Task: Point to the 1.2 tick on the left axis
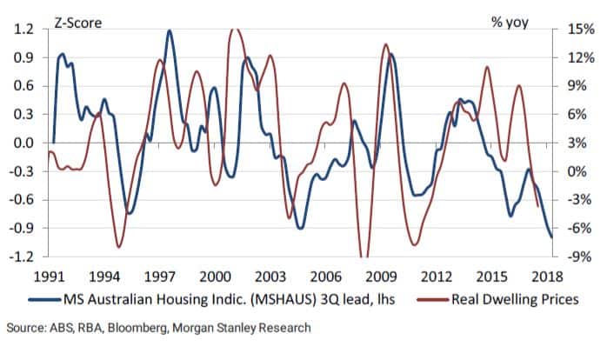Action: (22, 29)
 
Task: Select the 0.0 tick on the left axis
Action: (22, 143)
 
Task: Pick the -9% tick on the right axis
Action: (578, 257)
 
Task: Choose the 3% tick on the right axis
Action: (578, 143)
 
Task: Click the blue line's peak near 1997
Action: (169, 31)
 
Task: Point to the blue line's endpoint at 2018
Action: (550, 237)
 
